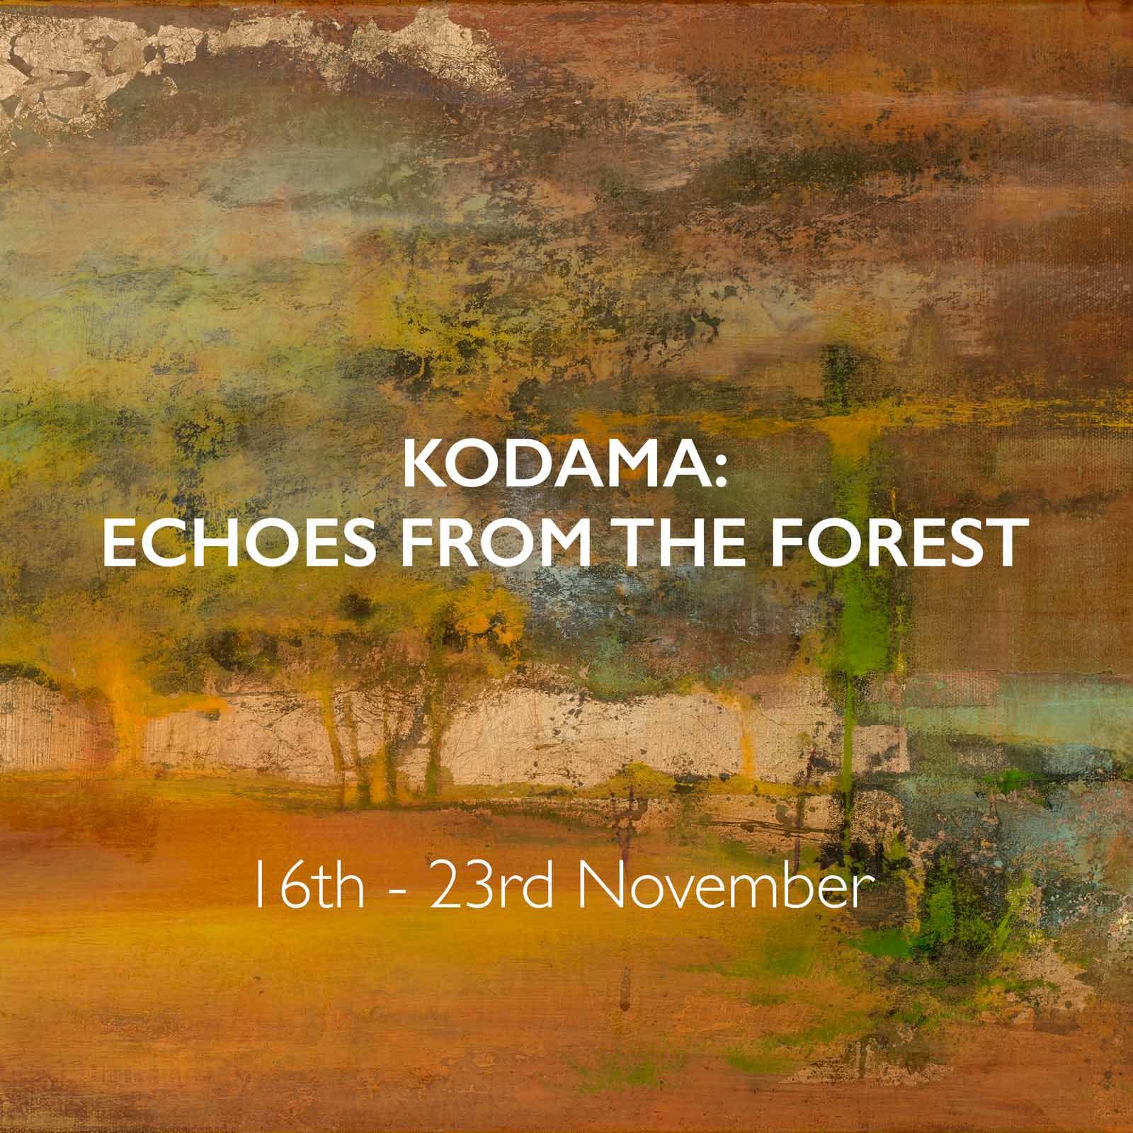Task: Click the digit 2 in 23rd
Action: tap(442, 894)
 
